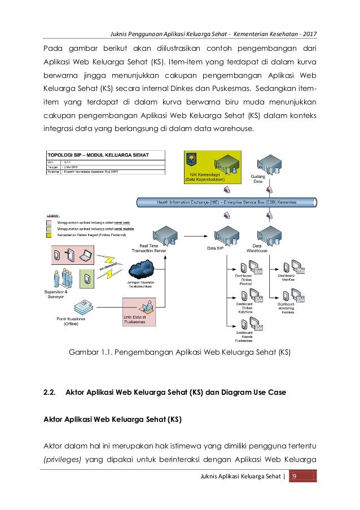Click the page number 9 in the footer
[293, 478]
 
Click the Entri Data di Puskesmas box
[139, 312]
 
